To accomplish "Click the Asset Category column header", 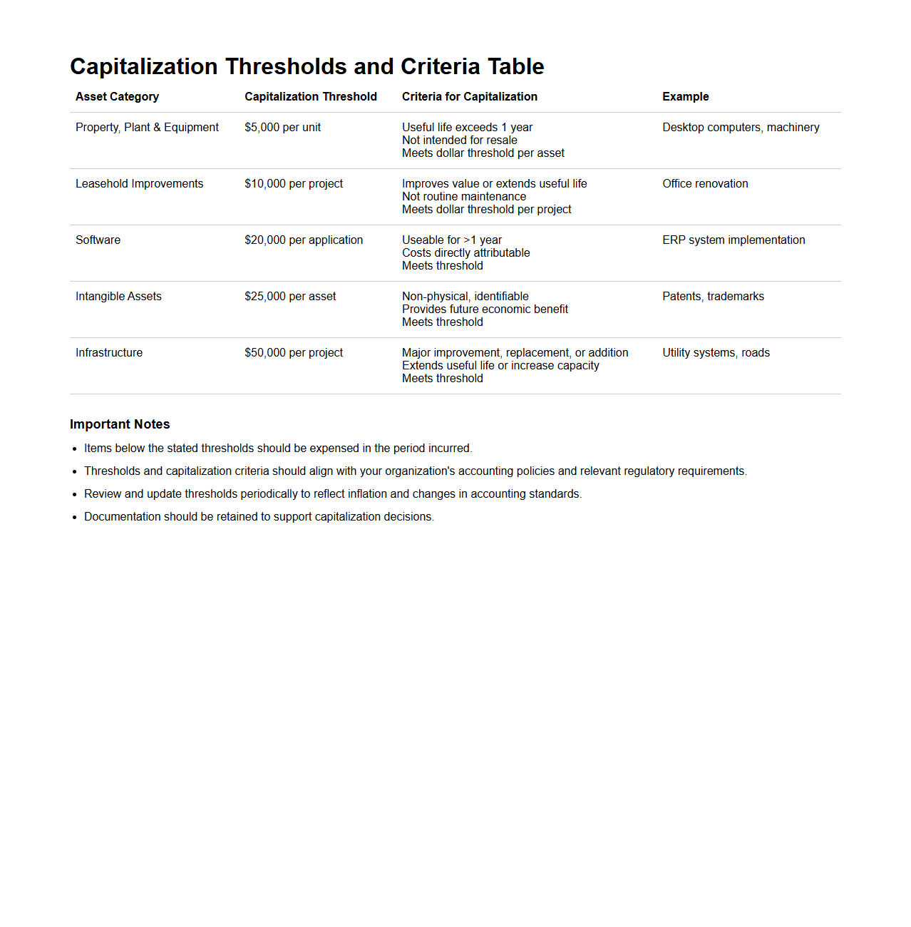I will [117, 97].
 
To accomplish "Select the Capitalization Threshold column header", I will [311, 97].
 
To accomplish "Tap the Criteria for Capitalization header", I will [469, 97].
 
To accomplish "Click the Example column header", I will [685, 97].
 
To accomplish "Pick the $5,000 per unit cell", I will [282, 128].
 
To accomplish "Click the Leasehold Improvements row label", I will [139, 184].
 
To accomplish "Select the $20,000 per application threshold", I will [304, 240].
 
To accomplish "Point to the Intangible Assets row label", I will [118, 297].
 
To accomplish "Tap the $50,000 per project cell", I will [294, 353].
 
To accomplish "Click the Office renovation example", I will [705, 184].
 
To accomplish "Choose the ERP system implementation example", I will [734, 240].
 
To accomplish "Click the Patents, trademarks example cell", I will [713, 297].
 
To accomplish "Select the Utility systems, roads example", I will [716, 353].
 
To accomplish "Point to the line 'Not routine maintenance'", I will [464, 197].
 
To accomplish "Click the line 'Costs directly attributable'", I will [465, 253].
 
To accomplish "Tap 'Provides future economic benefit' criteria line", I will [485, 309].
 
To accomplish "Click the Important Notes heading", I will [120, 424].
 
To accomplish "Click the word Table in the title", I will [515, 66].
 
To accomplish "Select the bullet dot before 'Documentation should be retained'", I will [74, 518].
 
